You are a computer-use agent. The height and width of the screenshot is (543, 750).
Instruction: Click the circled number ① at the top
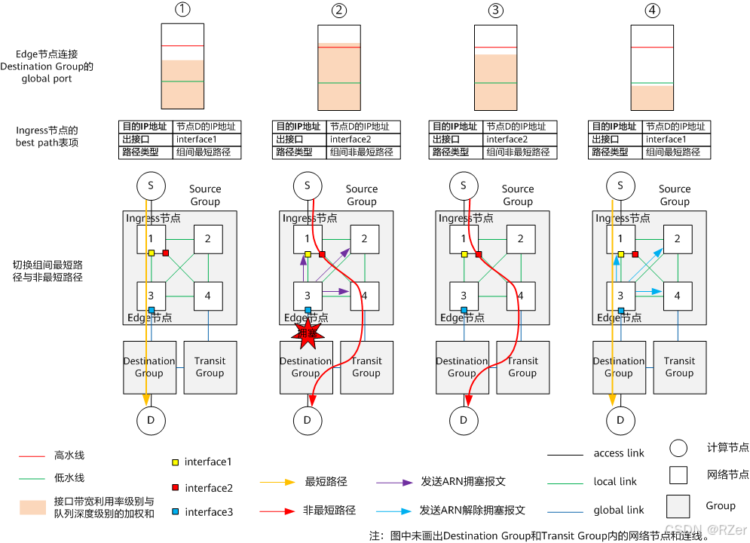182,11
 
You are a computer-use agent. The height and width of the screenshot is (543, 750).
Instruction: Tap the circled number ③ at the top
494,11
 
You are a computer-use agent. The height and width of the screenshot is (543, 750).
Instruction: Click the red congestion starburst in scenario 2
307,333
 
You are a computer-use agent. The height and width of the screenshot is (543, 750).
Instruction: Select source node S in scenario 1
150,185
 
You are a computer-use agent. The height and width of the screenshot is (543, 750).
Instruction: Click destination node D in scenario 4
620,419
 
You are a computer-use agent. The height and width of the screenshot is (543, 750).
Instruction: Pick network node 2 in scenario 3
521,239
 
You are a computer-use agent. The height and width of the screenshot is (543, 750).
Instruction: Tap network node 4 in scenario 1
208,296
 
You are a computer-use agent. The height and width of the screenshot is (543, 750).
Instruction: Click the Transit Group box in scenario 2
366,367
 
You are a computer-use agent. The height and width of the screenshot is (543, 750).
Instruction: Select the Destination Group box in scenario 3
462,367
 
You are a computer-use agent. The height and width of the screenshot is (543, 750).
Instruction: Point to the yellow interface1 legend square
175,462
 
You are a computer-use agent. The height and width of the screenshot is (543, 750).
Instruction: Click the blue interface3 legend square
175,512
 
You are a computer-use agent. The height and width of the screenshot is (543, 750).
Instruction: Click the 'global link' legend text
618,511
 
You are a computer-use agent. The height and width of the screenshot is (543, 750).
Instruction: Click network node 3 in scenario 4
620,296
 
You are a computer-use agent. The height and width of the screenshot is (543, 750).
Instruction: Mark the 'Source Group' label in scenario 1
205,195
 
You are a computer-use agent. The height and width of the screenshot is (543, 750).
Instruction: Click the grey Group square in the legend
678,505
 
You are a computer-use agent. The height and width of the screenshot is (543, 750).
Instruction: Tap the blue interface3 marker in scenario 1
151,310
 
